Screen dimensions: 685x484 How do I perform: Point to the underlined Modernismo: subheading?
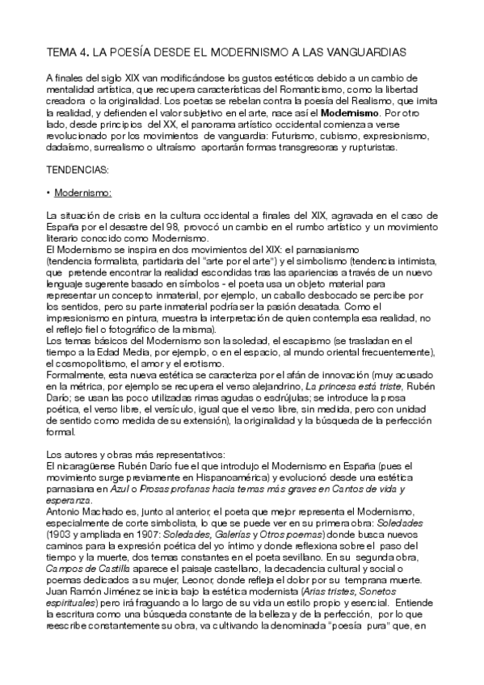click(x=82, y=193)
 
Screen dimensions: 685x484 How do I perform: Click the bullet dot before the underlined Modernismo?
click(x=49, y=193)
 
